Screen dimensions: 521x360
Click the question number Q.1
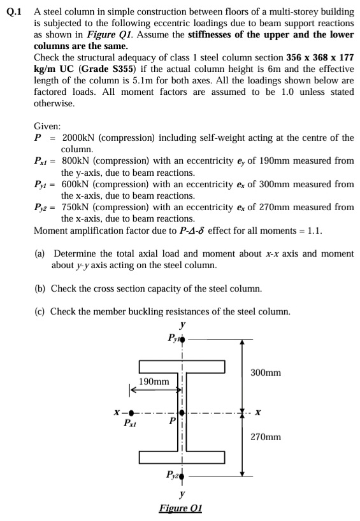(x=14, y=11)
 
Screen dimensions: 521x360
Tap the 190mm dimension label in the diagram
(x=154, y=381)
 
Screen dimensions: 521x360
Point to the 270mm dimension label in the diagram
(x=266, y=438)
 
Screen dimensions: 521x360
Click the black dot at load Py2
(x=184, y=475)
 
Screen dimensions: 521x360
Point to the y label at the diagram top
(x=183, y=325)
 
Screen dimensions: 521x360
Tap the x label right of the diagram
(x=257, y=412)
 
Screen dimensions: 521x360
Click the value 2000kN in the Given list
(x=79, y=138)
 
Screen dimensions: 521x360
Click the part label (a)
(x=40, y=253)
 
